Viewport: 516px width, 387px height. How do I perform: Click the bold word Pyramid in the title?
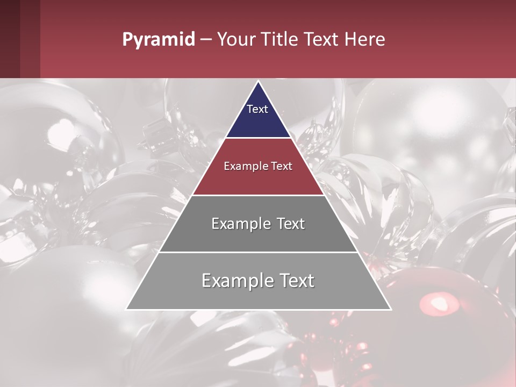coord(158,39)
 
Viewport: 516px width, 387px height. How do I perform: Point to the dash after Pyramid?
coord(206,40)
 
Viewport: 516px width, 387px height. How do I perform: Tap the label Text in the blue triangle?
coord(257,109)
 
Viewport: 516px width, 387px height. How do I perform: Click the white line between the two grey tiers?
coord(258,252)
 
